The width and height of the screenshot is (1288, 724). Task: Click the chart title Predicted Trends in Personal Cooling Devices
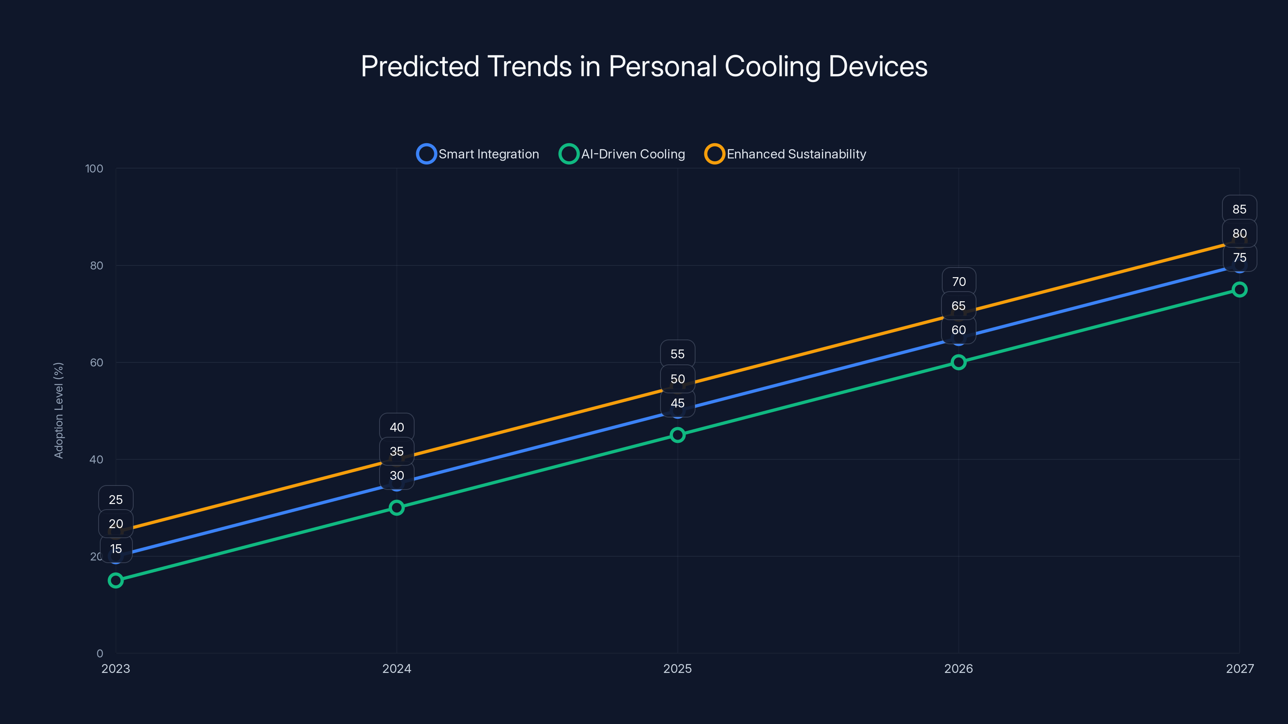(644, 66)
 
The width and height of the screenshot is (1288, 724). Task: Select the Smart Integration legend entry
(478, 154)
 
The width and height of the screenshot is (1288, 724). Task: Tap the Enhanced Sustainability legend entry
(786, 154)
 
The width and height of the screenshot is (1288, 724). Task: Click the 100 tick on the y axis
(94, 169)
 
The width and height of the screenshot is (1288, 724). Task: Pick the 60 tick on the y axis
(97, 362)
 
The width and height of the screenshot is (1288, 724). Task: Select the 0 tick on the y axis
(99, 653)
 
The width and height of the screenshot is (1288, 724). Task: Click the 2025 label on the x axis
(677, 668)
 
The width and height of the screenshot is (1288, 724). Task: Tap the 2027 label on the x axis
(1240, 668)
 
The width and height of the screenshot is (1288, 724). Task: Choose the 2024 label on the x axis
(396, 668)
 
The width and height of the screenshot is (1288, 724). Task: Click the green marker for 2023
(116, 580)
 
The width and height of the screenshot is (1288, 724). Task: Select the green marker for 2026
(958, 362)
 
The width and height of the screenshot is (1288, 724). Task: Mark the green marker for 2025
(677, 435)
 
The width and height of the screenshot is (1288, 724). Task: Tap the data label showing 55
(677, 354)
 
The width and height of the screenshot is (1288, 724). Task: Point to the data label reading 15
(116, 549)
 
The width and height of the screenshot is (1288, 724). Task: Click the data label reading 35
(396, 451)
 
